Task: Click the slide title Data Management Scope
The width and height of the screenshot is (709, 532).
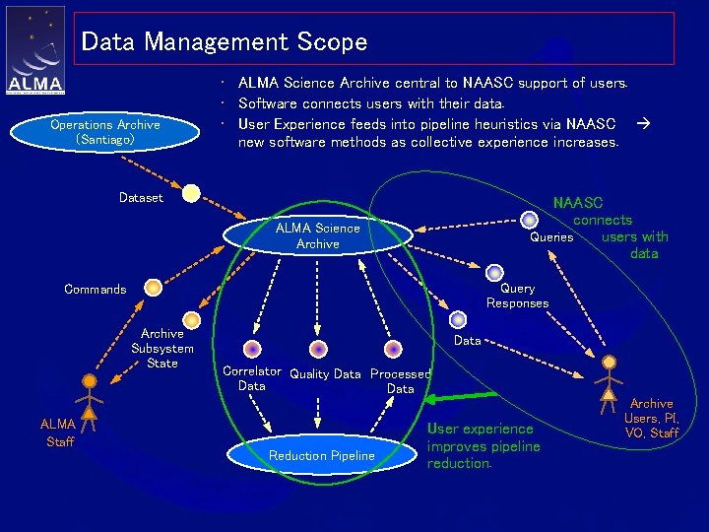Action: pyautogui.click(x=225, y=42)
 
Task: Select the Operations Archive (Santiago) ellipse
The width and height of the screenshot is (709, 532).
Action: pyautogui.click(x=105, y=132)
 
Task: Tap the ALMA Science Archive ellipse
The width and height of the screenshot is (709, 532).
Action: pyautogui.click(x=318, y=235)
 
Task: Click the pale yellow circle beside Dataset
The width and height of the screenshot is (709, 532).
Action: pyautogui.click(x=191, y=193)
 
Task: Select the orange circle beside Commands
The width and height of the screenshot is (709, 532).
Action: pyautogui.click(x=153, y=288)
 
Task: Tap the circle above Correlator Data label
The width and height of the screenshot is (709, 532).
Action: pyautogui.click(x=253, y=349)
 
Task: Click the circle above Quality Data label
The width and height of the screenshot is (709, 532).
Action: pyautogui.click(x=318, y=349)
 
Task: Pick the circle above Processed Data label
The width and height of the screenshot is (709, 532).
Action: pyautogui.click(x=393, y=349)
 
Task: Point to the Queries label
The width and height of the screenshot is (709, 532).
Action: pyautogui.click(x=551, y=237)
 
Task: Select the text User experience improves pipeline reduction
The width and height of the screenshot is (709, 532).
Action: pyautogui.click(x=483, y=446)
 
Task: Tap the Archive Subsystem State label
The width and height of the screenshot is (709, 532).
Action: pyautogui.click(x=162, y=349)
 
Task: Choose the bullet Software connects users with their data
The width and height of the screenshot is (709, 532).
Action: pyautogui.click(x=371, y=103)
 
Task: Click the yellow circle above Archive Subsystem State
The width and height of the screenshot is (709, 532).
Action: pyautogui.click(x=192, y=319)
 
